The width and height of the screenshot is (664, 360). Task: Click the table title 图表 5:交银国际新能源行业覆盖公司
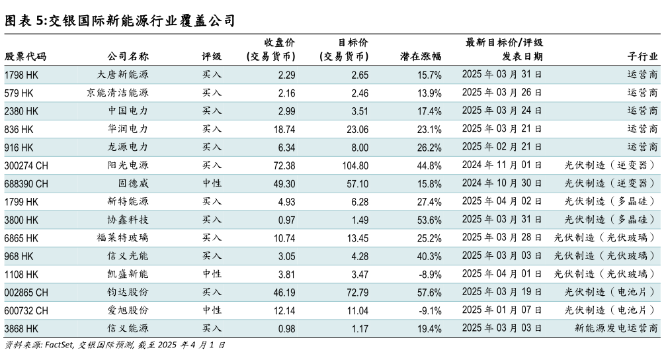point(120,21)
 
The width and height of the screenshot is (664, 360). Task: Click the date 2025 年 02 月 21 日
point(502,147)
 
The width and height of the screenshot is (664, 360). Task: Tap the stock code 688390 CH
point(26,183)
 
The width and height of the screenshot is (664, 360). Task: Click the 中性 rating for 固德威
point(212,183)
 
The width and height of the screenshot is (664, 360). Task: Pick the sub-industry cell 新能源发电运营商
point(616,328)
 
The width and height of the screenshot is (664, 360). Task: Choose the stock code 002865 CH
point(26,292)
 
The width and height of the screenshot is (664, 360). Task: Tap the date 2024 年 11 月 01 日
point(502,165)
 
